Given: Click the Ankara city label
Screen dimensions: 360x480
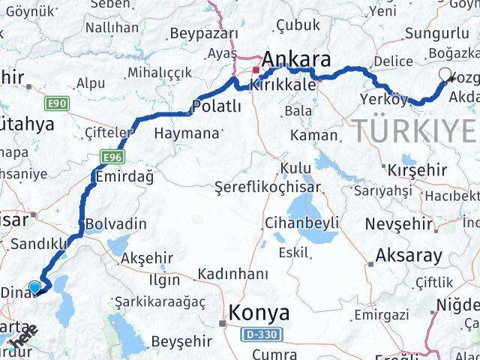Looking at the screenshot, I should point(295,60).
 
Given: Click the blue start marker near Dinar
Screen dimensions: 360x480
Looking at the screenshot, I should point(34,286).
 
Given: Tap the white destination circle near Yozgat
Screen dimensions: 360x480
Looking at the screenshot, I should point(447,75).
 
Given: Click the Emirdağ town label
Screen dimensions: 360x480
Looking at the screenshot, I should point(124,177).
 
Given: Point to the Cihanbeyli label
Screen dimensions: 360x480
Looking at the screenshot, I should point(301,223).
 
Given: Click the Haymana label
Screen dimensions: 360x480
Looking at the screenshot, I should point(187,133).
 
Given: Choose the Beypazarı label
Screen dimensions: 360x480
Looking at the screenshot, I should point(204,33).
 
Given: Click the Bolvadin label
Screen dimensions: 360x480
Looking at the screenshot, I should point(115,223).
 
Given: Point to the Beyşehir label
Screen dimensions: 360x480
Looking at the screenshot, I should point(182,341).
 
